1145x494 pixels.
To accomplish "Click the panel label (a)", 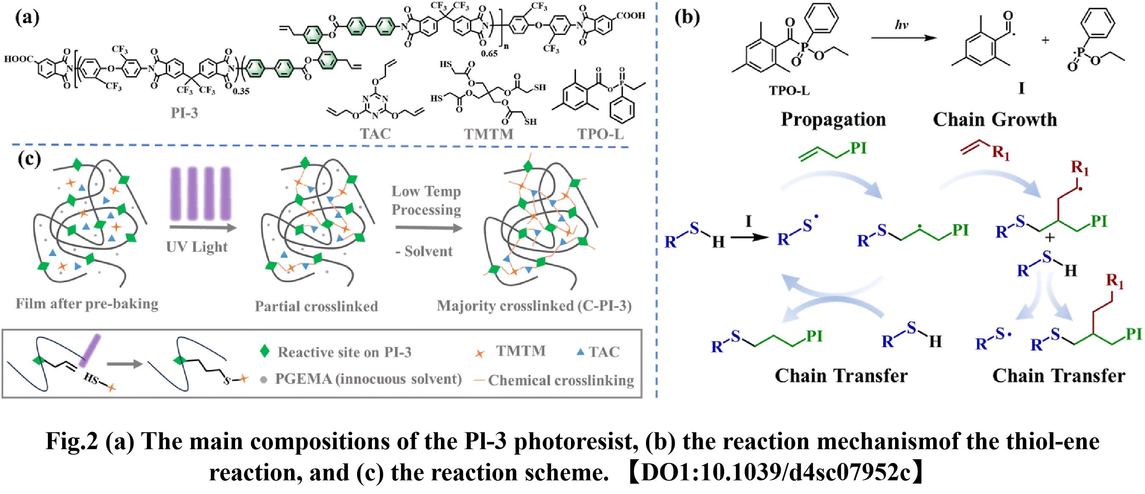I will click(27, 18).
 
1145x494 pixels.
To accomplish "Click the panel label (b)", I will click(687, 18).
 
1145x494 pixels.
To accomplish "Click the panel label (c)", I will click(29, 159).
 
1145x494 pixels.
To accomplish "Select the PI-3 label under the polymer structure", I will click(184, 113).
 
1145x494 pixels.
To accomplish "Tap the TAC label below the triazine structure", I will click(376, 133).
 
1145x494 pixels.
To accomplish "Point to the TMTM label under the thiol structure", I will click(488, 134).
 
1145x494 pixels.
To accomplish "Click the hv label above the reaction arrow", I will click(901, 25).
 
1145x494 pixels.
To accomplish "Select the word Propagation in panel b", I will click(833, 119).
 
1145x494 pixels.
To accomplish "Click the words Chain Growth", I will click(995, 119).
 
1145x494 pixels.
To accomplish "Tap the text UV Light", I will click(197, 246).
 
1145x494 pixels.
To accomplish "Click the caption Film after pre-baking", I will click(87, 304).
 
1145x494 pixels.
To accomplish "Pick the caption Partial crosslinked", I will click(316, 306).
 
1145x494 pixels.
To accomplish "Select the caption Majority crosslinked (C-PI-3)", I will click(534, 306).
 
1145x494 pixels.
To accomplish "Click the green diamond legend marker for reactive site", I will click(265, 351).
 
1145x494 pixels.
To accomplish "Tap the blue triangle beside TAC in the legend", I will click(579, 352).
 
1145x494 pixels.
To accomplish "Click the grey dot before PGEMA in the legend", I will click(263, 380).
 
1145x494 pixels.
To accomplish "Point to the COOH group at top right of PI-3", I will click(630, 16).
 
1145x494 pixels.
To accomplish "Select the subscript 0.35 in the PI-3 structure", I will click(241, 91).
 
